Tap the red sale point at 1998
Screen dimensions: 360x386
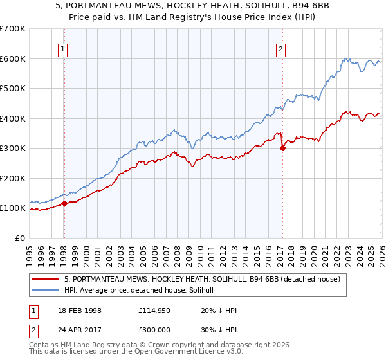(x=64, y=204)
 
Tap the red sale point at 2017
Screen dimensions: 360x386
(x=282, y=148)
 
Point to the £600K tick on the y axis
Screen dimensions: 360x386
(x=14, y=59)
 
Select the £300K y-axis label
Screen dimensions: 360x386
(x=14, y=148)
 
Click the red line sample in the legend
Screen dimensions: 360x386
(x=46, y=279)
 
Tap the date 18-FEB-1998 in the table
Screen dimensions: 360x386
(x=82, y=310)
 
